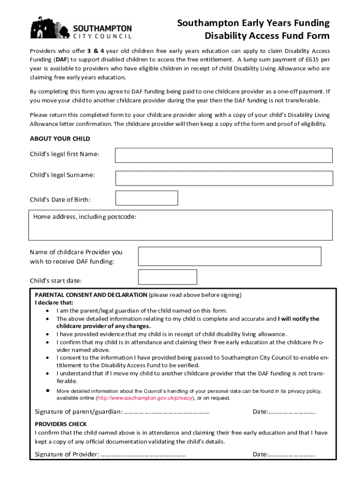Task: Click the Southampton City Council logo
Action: [x=81, y=28]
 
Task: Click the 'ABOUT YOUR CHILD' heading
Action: [x=60, y=139]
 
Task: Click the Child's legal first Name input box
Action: [x=223, y=155]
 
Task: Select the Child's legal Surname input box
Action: [x=223, y=178]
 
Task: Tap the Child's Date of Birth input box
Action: [x=146, y=198]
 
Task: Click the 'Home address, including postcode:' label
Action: [x=85, y=217]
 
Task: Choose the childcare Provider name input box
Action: [x=230, y=256]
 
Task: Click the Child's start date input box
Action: [x=167, y=277]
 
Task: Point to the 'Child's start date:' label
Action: [x=56, y=281]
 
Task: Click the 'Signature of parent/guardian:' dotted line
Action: [x=167, y=412]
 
